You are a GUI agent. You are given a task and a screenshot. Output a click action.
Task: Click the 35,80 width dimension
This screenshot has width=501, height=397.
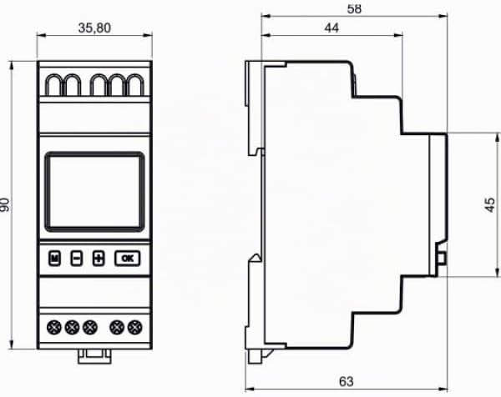coord(94,28)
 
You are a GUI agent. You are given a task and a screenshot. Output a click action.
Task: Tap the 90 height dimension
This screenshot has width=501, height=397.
coord(5,204)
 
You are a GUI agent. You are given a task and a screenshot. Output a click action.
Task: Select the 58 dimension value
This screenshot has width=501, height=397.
coord(354,9)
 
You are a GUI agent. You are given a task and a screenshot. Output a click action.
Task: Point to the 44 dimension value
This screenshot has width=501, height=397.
coord(331,28)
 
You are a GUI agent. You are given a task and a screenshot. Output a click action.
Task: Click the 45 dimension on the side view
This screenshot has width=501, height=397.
coord(490,205)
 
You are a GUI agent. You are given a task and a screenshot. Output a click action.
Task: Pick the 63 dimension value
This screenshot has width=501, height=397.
coord(347,381)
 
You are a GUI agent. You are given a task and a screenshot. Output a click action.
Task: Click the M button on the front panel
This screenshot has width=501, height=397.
coord(54,259)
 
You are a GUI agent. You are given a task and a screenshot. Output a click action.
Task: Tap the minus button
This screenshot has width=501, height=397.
coord(76,259)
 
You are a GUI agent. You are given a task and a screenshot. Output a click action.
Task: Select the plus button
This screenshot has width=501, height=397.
coord(99,259)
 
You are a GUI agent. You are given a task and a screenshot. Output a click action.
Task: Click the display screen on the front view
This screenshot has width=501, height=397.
coord(94,192)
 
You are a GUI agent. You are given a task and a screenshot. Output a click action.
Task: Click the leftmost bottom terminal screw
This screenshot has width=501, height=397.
coord(54,328)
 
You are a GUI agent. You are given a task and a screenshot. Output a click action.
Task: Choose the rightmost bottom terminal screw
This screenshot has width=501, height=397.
coord(134,328)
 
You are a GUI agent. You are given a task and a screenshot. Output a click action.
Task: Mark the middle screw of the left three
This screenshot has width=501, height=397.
coord(72,328)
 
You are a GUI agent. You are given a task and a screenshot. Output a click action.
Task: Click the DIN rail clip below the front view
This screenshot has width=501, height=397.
coord(94,356)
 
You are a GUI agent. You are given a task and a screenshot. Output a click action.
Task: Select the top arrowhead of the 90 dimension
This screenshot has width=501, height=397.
coord(12,65)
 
